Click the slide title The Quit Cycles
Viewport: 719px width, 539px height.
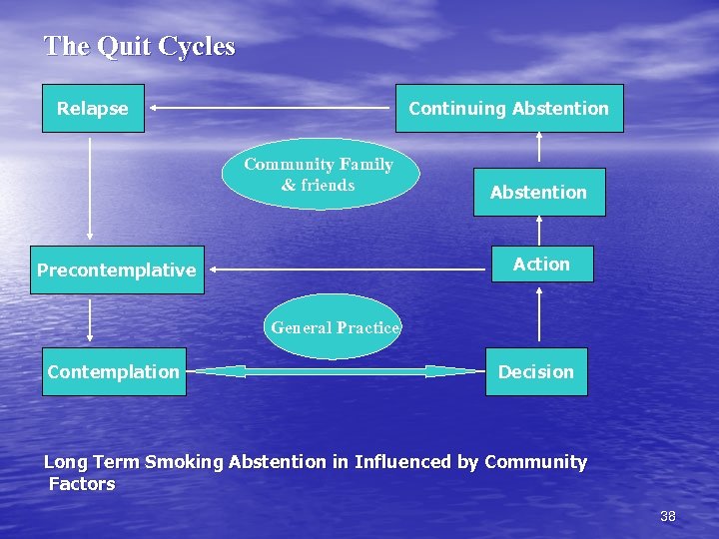coord(139,47)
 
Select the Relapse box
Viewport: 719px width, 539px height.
coord(93,109)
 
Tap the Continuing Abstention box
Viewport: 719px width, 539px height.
coord(509,109)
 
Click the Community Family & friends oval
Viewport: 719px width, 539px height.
coord(319,175)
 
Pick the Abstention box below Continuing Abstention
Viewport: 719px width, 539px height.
coord(538,193)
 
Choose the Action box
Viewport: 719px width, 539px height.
coord(541,265)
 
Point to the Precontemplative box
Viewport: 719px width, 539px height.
coord(117,270)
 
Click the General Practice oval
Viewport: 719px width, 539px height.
coord(335,327)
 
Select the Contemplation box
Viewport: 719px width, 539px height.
coord(114,372)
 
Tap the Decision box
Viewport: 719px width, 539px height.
coord(536,372)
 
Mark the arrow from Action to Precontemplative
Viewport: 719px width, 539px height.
coord(350,269)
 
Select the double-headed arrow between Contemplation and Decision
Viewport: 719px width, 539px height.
coord(336,371)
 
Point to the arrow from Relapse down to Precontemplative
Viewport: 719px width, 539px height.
coord(91,189)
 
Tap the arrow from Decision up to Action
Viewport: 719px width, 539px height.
coord(539,314)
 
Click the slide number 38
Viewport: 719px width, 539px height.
coord(668,516)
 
